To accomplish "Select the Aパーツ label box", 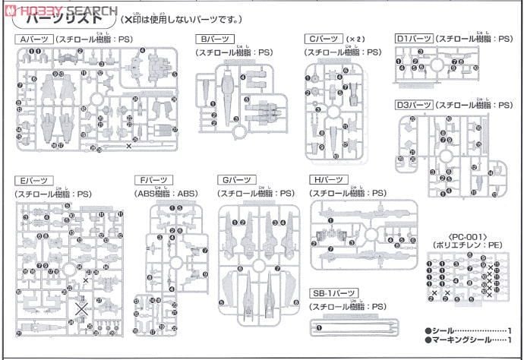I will pyautogui.click(x=35, y=39).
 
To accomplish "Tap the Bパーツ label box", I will pyautogui.click(x=214, y=39).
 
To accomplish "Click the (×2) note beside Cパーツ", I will pyautogui.click(x=355, y=39).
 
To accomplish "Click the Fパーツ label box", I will pyautogui.click(x=153, y=181).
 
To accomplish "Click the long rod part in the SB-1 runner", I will pyautogui.click(x=365, y=327).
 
